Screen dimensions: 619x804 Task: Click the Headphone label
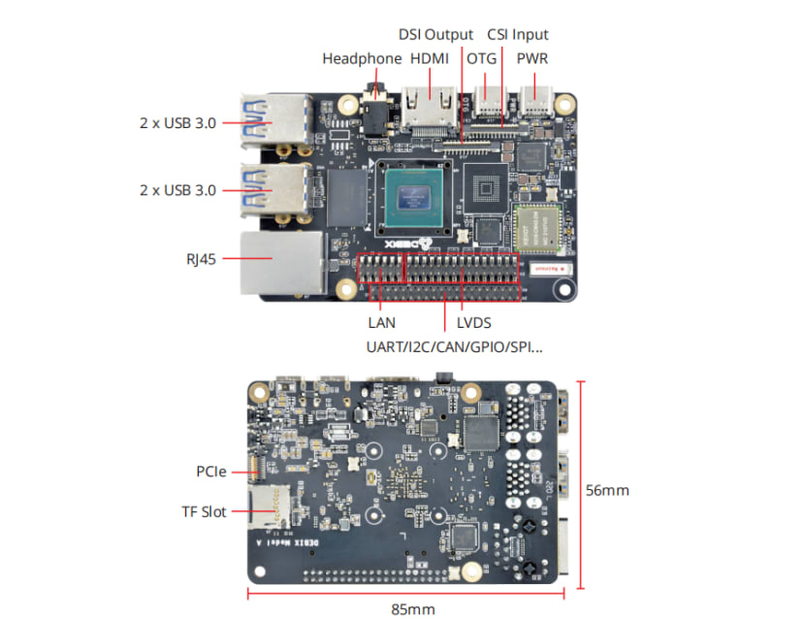tap(362, 58)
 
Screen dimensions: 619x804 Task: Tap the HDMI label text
tap(430, 58)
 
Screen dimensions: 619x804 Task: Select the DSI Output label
tap(435, 34)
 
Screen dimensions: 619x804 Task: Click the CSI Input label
tap(517, 34)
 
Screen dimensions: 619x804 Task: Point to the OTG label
tap(481, 58)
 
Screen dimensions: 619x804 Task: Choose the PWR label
tap(531, 58)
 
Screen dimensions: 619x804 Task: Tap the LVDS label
tap(473, 322)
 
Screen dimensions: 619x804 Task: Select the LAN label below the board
tap(381, 322)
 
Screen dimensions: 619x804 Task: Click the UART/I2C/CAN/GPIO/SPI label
tap(454, 346)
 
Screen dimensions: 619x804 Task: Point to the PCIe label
tap(210, 472)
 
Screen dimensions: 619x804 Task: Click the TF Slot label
tap(204, 511)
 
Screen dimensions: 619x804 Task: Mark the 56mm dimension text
tap(607, 490)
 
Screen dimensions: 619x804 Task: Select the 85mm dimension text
tap(412, 608)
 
